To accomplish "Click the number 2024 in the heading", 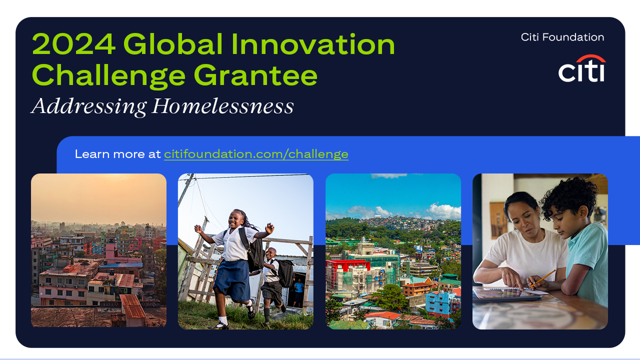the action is [73, 44].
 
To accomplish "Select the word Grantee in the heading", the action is [255, 75].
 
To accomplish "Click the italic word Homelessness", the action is [223, 106].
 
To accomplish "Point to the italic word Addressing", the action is [89, 107].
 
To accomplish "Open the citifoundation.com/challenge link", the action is [256, 154].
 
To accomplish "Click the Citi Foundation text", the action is [562, 37].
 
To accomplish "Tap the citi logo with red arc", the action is [582, 68].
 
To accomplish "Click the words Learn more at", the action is [117, 154].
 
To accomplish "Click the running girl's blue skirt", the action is [232, 280].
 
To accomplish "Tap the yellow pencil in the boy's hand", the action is [543, 278].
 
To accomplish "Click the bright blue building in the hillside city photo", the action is [440, 303].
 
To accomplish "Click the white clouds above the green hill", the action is [443, 211].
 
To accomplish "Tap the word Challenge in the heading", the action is [109, 75].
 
